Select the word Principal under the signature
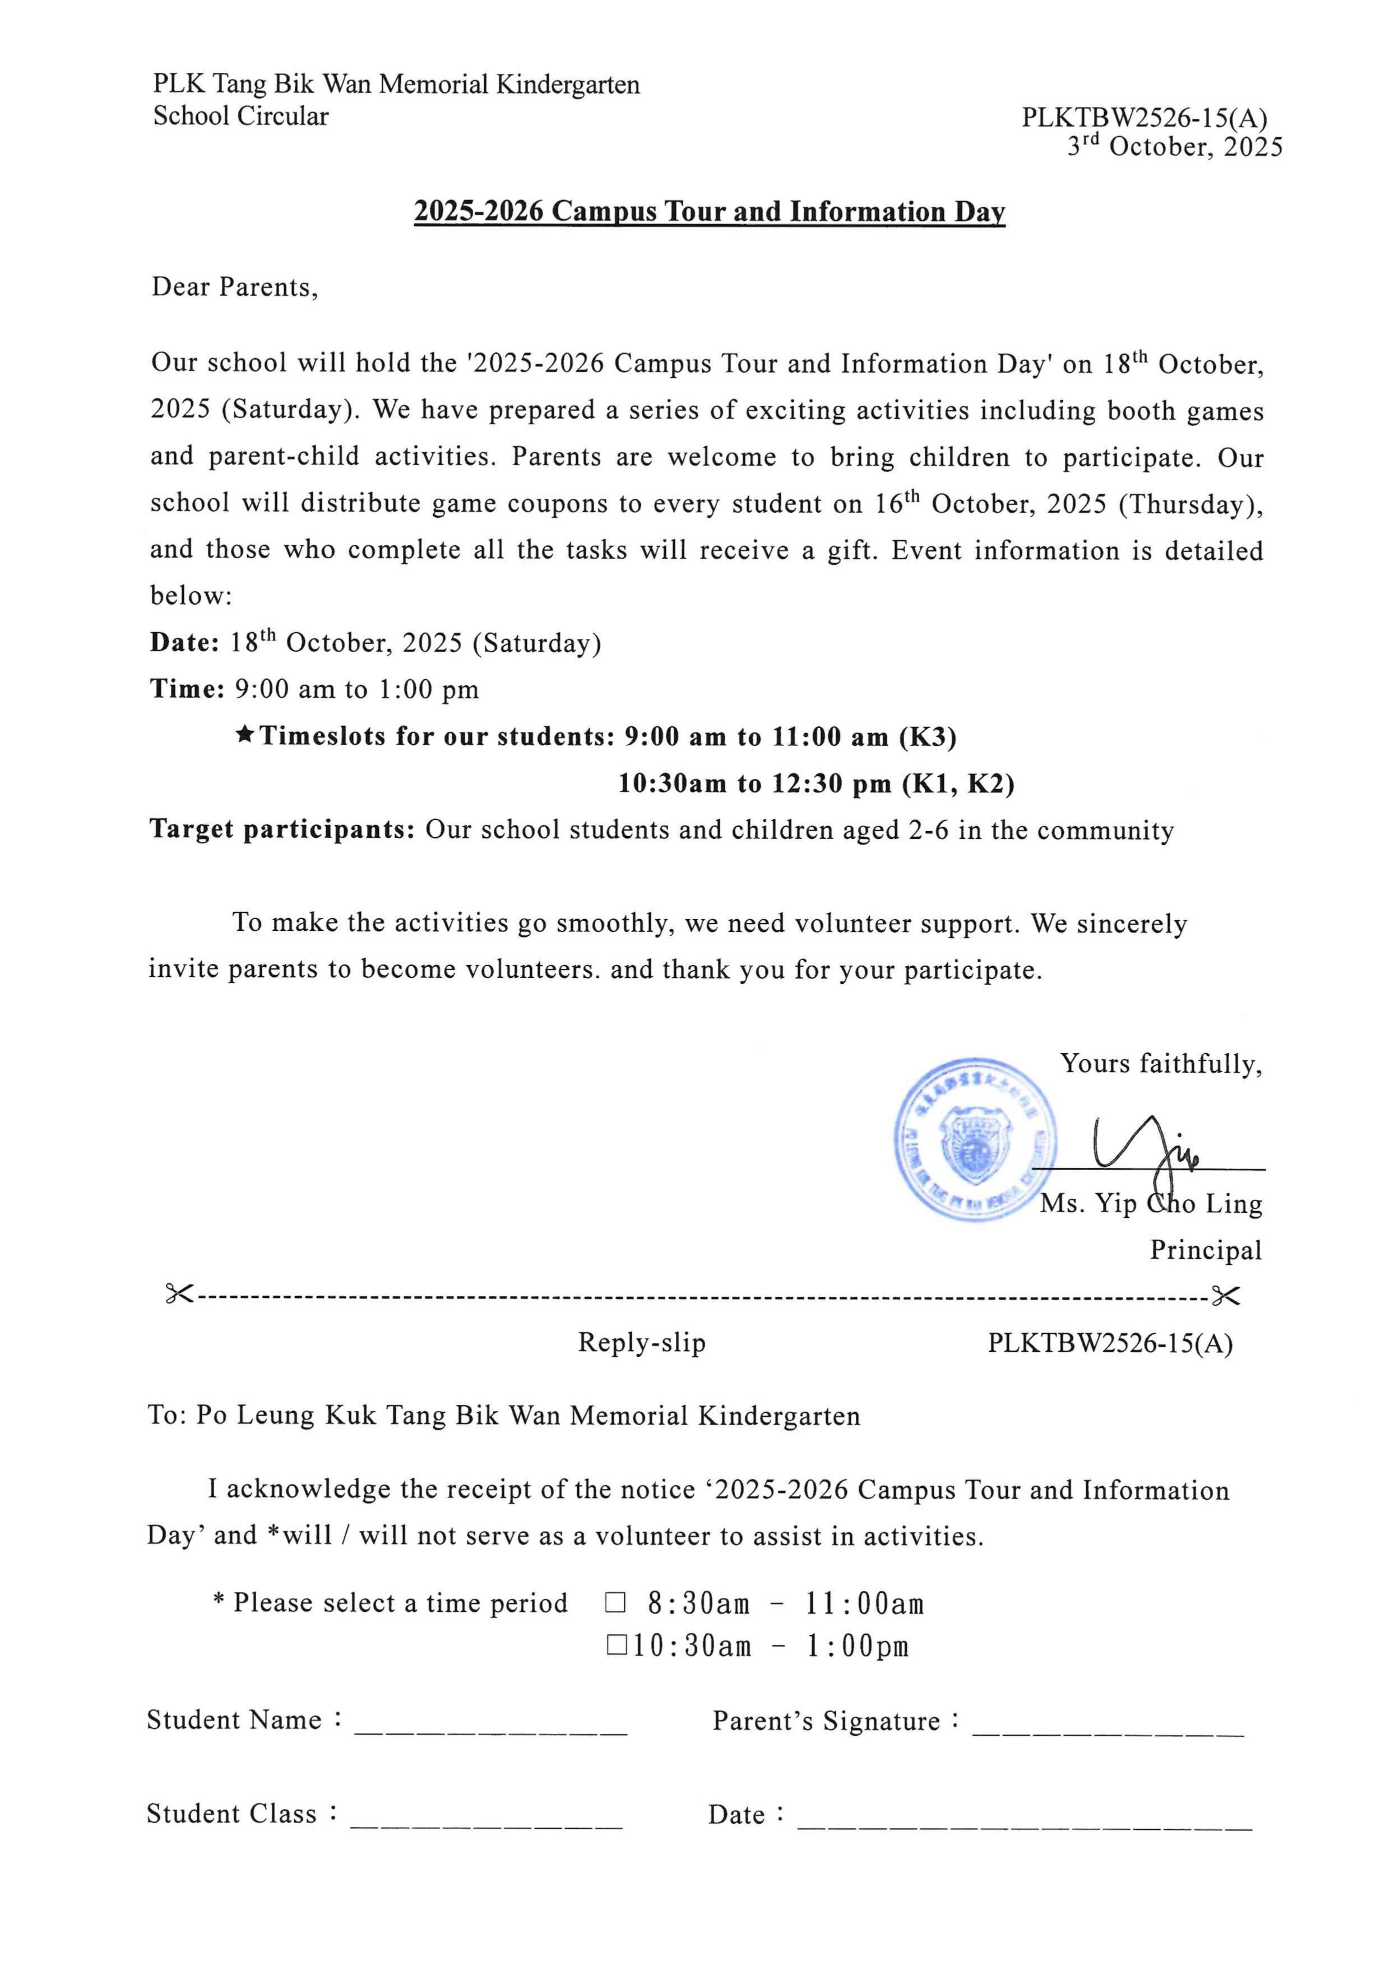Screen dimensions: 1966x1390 coord(1205,1250)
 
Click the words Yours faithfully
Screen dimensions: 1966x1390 coord(1160,1064)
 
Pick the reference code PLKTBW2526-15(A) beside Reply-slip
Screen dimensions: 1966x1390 coord(1110,1343)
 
